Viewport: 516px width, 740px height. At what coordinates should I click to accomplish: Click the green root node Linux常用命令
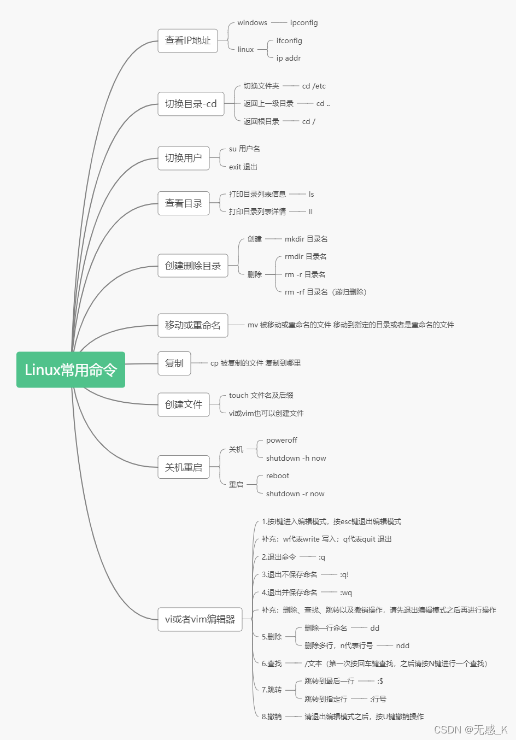tap(71, 370)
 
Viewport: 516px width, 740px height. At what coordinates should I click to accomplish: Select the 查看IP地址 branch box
tap(187, 41)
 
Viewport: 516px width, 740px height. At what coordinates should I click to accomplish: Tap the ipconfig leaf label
tap(304, 23)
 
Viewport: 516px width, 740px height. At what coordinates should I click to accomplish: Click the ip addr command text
tap(289, 58)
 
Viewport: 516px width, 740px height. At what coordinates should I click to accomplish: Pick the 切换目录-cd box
tap(191, 104)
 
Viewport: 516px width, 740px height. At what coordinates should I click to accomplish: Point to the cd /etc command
tap(314, 86)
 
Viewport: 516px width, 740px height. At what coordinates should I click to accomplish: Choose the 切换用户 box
tap(184, 158)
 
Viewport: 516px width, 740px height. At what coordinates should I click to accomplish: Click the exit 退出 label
tap(243, 167)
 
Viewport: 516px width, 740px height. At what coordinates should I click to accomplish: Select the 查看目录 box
tap(184, 204)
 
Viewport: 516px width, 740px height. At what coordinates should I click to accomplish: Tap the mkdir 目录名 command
tap(306, 239)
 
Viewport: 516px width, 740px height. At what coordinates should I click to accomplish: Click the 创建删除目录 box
tap(193, 266)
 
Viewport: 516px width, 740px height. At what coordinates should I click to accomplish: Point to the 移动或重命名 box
tap(193, 326)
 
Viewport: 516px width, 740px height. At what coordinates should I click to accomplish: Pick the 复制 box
tap(174, 363)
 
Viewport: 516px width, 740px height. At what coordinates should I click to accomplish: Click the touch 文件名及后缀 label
tap(261, 396)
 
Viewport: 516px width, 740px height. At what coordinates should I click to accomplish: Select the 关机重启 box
tap(184, 468)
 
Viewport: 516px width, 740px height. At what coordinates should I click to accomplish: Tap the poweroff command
tap(282, 441)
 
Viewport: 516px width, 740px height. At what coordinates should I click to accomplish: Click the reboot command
tap(278, 476)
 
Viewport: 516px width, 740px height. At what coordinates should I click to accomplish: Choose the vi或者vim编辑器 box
tap(200, 620)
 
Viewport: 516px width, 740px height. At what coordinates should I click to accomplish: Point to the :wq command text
tap(346, 593)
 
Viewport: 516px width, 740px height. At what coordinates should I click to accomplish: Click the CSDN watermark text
tap(471, 730)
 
